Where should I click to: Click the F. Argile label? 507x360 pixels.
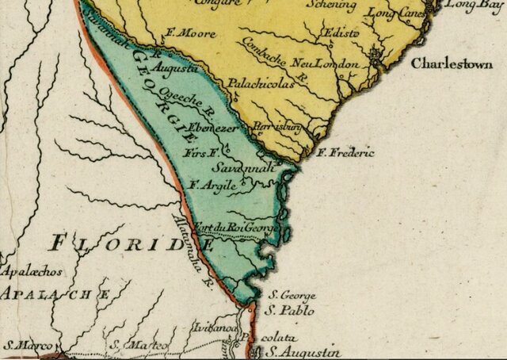click(x=213, y=185)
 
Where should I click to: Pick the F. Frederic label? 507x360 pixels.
click(x=345, y=152)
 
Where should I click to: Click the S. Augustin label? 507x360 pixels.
click(x=304, y=350)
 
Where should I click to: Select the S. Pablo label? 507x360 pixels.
click(x=290, y=311)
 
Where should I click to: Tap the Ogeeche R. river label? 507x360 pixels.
click(x=205, y=103)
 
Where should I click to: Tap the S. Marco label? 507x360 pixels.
click(x=26, y=346)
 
